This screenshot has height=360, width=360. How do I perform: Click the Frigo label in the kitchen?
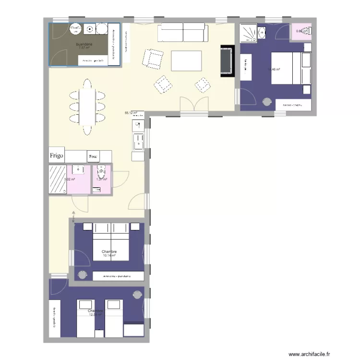[x=56, y=156]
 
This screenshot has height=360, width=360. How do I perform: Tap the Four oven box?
[x=93, y=156]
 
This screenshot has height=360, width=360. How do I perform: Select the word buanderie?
[x=84, y=44]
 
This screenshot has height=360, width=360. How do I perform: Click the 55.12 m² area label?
[x=131, y=113]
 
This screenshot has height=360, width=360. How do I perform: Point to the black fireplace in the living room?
[x=227, y=61]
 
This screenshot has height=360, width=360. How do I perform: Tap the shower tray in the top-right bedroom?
[x=249, y=32]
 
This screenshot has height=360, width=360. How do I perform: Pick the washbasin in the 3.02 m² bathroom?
[x=77, y=169]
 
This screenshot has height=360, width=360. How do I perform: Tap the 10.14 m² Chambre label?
[x=109, y=253]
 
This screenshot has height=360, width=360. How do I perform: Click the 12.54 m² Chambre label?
[x=96, y=313]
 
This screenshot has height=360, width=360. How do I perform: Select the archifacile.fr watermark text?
[x=309, y=353]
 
